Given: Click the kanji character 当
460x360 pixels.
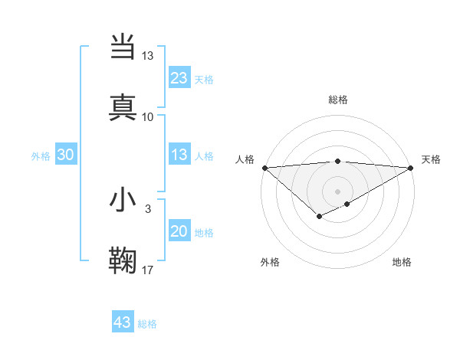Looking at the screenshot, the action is click(123, 46).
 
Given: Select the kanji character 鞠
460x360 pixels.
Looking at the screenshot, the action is click(123, 260).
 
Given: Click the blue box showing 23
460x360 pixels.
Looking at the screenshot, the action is click(179, 77).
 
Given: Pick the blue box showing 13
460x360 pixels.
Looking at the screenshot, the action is click(179, 155).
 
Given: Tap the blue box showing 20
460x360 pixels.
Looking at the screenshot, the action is click(179, 232).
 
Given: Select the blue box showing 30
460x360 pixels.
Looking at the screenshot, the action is click(65, 155).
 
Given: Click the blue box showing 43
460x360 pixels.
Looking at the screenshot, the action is click(123, 322).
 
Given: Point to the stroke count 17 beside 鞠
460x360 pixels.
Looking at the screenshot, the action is click(148, 270).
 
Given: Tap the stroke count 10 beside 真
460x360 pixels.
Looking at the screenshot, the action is click(148, 116).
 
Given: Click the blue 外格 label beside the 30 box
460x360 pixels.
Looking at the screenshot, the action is click(41, 156).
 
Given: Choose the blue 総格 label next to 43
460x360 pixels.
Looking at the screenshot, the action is click(147, 324).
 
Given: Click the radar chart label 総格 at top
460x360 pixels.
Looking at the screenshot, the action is click(337, 100).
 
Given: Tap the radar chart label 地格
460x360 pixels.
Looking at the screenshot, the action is click(402, 262).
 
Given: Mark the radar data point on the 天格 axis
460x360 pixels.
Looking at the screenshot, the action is click(412, 168).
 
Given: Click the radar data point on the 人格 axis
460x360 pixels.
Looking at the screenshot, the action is click(264, 168).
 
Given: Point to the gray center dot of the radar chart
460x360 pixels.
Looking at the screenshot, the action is click(337, 191).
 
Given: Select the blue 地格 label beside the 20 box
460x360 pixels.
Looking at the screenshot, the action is click(204, 233).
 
